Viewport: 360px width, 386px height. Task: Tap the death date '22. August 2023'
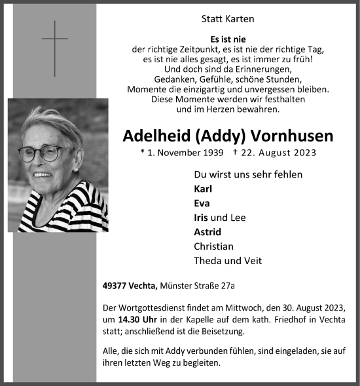click(x=279, y=153)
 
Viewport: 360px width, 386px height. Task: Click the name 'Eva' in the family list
click(x=203, y=203)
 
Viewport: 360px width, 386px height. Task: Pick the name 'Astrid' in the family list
click(x=207, y=231)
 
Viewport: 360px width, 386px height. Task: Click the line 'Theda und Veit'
click(x=228, y=260)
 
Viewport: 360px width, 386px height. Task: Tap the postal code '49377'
click(x=115, y=285)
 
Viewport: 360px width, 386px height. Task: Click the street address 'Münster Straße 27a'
click(x=203, y=285)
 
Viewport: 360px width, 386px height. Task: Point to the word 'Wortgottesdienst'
click(x=153, y=307)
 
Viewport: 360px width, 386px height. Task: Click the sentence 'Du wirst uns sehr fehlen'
click(x=248, y=174)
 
